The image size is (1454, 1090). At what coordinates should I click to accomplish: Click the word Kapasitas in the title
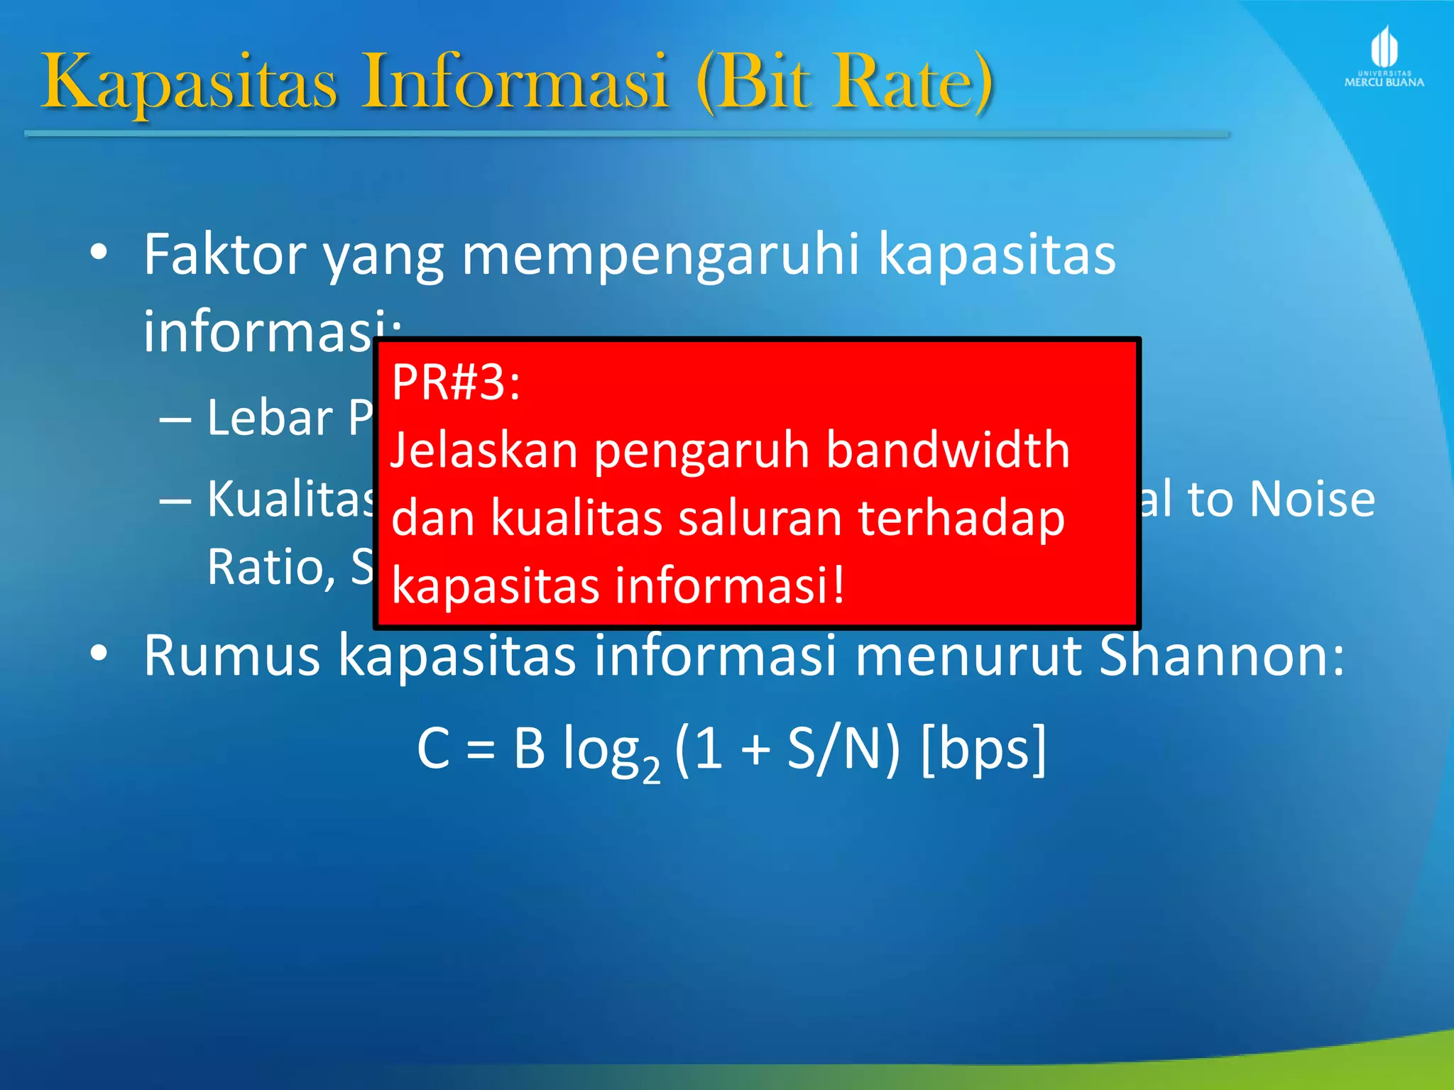tap(188, 84)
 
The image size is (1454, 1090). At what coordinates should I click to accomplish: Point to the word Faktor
tap(225, 254)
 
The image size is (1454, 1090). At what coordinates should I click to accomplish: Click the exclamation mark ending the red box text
tap(838, 585)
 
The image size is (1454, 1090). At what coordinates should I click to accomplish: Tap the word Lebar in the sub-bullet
tap(270, 418)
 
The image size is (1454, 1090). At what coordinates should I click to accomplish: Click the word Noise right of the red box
tap(1312, 499)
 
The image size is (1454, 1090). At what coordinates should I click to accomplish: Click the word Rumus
tap(231, 655)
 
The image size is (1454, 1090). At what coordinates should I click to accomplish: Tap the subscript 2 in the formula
tap(650, 769)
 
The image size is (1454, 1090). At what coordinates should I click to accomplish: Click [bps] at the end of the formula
tap(983, 748)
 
